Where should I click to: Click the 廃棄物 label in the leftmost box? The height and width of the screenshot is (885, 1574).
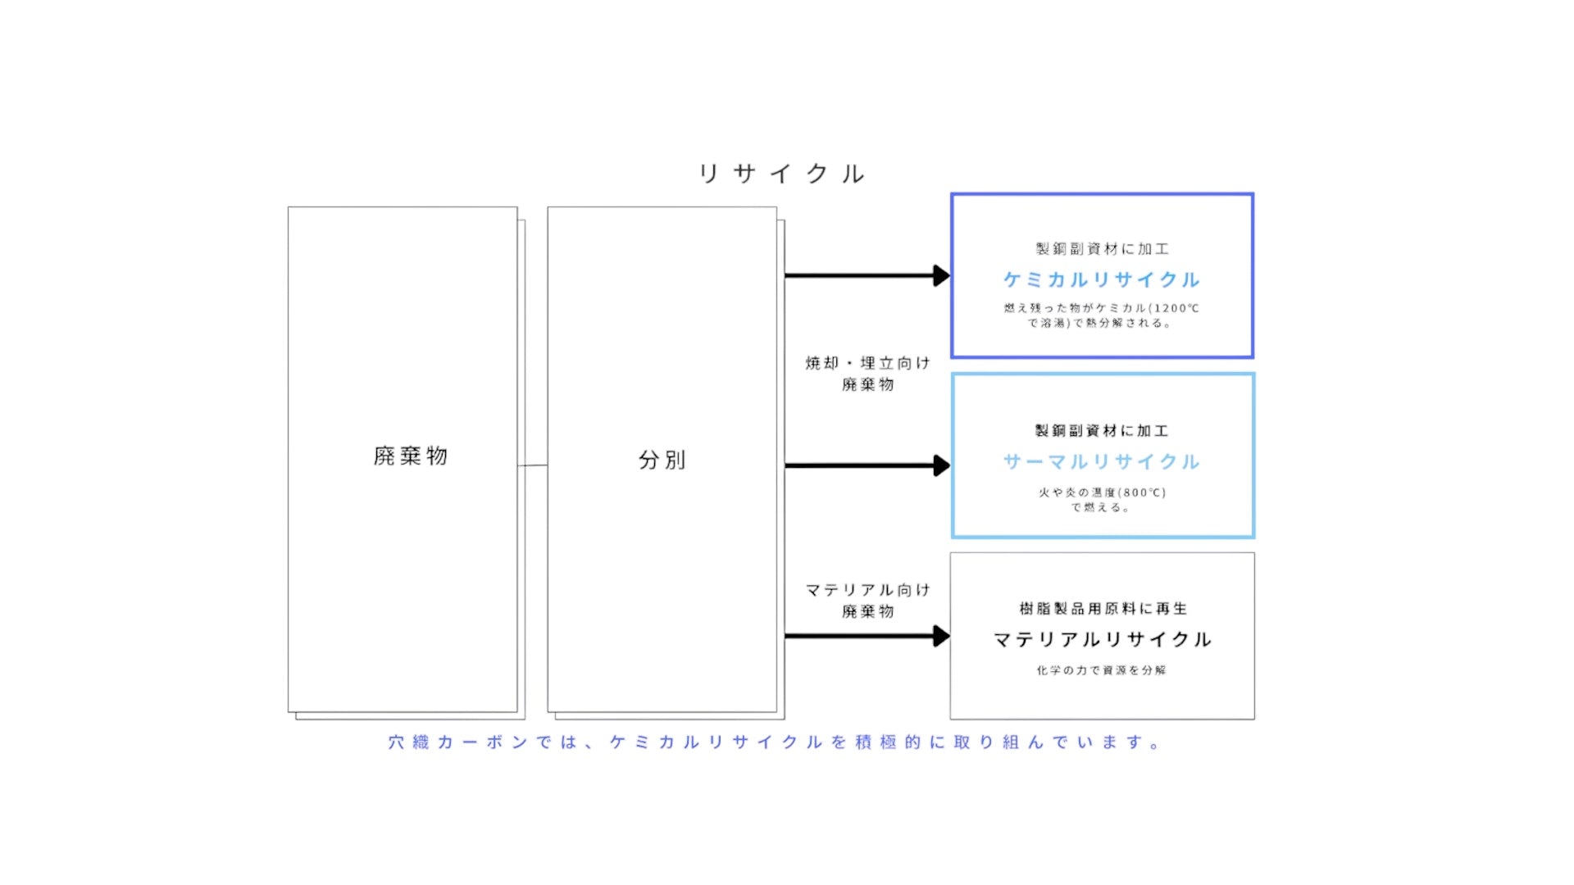410,456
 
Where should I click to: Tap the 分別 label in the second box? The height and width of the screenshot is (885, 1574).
662,460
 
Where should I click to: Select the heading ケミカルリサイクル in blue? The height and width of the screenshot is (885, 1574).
1102,280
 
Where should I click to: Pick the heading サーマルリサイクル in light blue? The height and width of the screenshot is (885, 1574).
1102,462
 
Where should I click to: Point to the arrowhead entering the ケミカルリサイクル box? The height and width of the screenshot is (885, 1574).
941,275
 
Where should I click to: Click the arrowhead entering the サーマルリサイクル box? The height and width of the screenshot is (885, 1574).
941,465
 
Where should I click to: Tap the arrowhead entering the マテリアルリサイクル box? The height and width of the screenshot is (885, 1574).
941,636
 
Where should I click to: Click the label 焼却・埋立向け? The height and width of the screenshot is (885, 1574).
867,363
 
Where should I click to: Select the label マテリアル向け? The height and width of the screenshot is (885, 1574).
867,590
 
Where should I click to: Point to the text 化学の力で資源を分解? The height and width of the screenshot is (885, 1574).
1101,670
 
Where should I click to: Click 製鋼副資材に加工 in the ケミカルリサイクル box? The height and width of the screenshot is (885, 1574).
1102,249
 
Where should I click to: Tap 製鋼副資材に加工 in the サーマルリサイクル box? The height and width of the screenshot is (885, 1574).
1102,431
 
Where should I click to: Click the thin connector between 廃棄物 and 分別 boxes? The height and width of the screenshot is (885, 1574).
533,465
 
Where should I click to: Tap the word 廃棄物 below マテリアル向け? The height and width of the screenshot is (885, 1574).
867,611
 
